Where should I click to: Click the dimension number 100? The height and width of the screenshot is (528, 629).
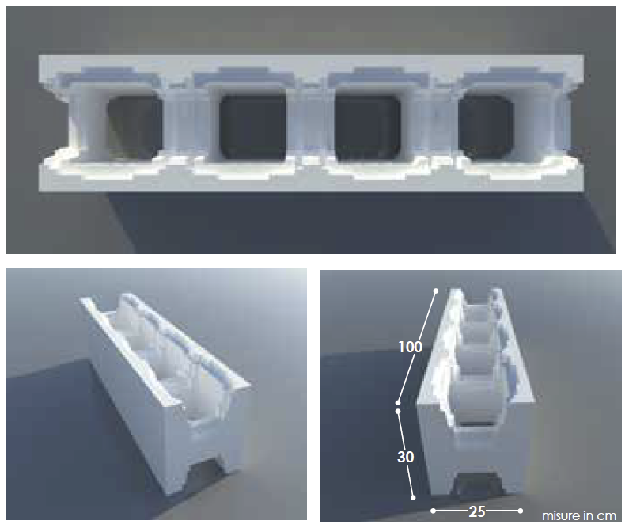(411, 347)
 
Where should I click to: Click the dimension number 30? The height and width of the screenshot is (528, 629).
(406, 457)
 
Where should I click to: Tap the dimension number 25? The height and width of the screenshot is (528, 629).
(477, 511)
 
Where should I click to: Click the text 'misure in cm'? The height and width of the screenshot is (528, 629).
(579, 515)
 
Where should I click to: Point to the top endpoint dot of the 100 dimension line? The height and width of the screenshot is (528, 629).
(436, 291)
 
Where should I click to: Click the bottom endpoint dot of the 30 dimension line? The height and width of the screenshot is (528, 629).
(413, 498)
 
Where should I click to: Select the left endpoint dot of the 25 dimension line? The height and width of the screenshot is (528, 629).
(434, 511)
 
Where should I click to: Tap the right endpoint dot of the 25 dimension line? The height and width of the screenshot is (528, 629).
(521, 511)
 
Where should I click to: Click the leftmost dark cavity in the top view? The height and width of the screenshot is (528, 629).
(135, 127)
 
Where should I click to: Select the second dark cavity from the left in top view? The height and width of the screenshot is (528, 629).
(252, 127)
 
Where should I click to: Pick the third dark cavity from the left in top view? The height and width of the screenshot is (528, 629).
(367, 127)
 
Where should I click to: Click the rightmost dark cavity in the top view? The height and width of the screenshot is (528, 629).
(487, 127)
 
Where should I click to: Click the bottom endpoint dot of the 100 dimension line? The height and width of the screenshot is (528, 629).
(398, 403)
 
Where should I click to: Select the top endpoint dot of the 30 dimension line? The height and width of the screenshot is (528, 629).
(398, 412)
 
